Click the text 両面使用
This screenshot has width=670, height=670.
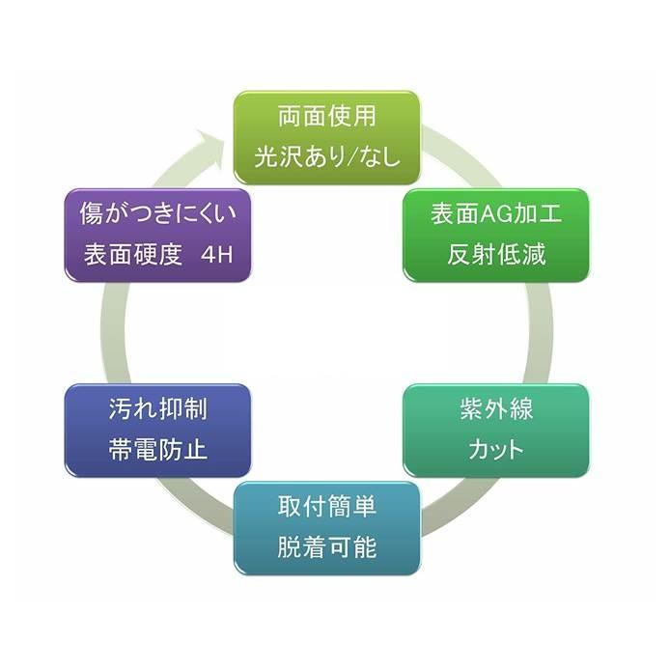(x=326, y=119)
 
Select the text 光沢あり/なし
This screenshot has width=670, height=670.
(x=326, y=157)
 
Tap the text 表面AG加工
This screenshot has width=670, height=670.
(x=495, y=214)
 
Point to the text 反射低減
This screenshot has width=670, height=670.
(x=496, y=255)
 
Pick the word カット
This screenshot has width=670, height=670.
(x=496, y=450)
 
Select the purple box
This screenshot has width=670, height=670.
(x=157, y=236)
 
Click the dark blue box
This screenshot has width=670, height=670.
(x=157, y=430)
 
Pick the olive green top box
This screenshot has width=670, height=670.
(x=326, y=138)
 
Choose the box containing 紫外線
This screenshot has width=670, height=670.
(x=496, y=430)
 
